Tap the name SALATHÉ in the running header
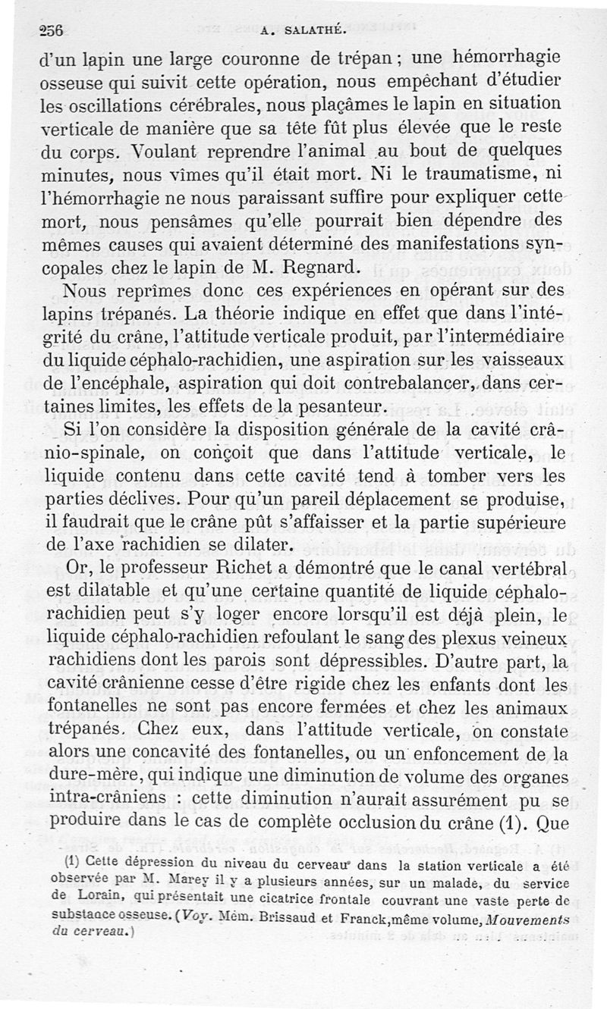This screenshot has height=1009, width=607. (314, 31)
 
